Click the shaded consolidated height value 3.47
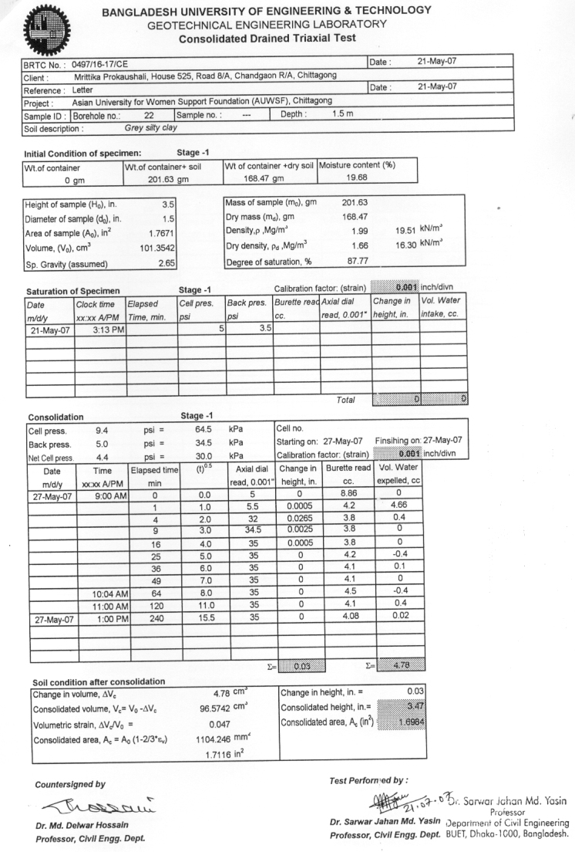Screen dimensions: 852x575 (x=401, y=702)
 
